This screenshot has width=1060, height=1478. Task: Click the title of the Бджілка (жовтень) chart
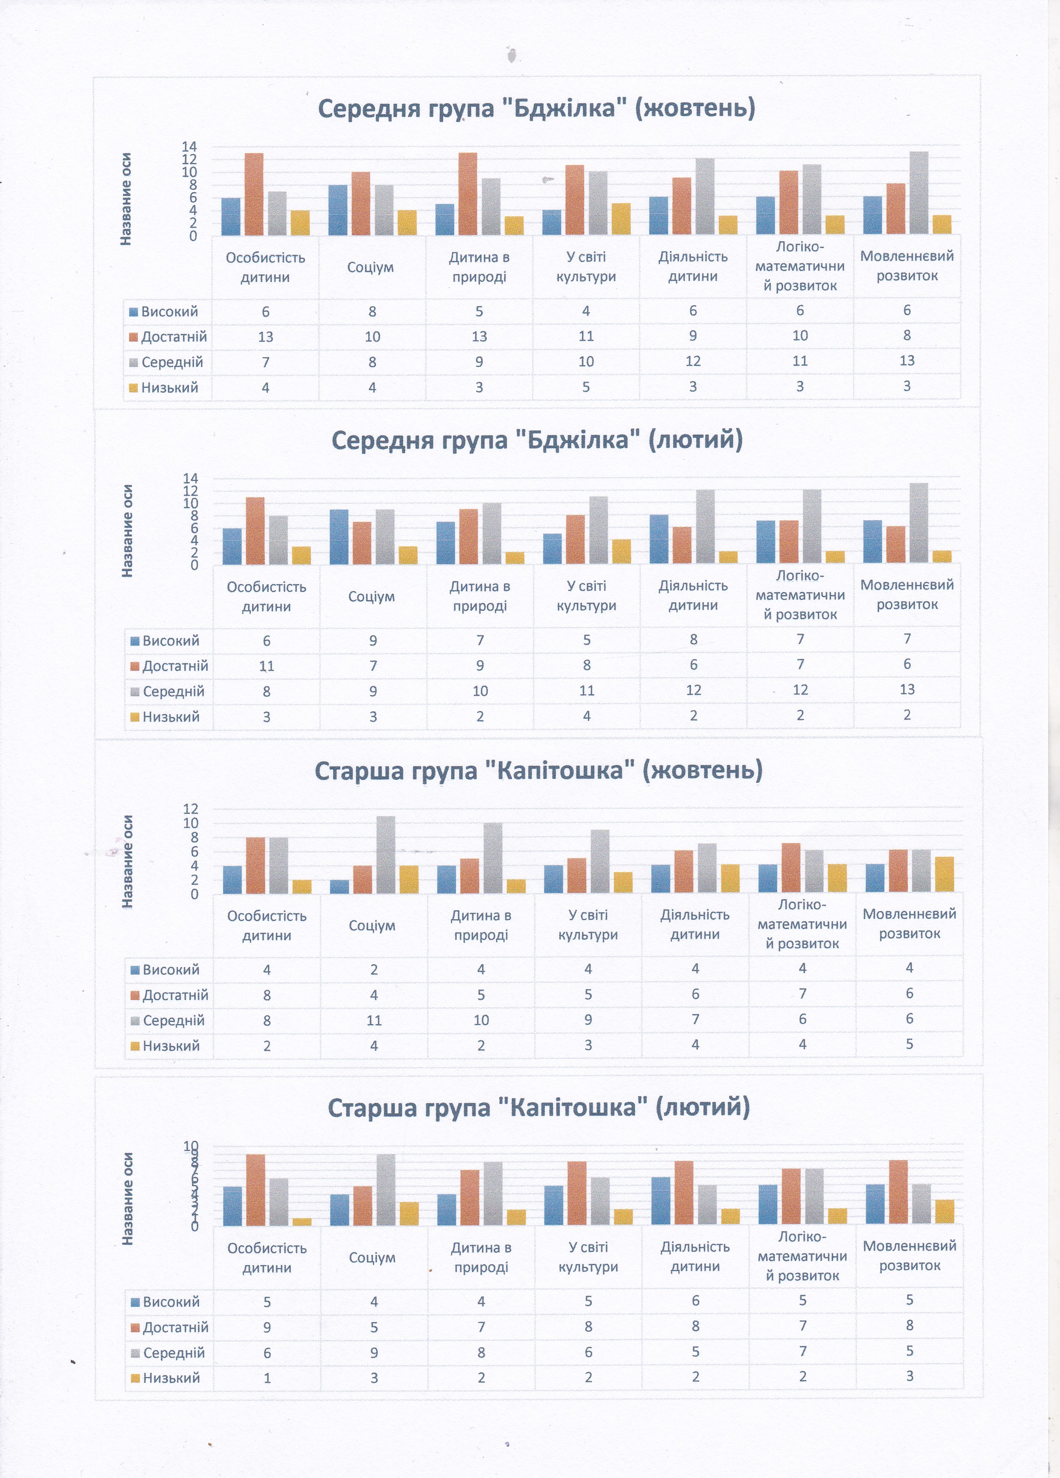pyautogui.click(x=536, y=108)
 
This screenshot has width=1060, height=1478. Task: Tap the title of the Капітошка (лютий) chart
pyautogui.click(x=538, y=1107)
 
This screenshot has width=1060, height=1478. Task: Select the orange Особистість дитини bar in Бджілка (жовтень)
pyautogui.click(x=254, y=194)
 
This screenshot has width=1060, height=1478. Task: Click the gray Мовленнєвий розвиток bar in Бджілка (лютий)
pyautogui.click(x=919, y=523)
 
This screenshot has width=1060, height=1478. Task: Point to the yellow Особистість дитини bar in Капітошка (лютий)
pyautogui.click(x=302, y=1222)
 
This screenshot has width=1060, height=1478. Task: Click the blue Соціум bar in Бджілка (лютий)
pyautogui.click(x=339, y=536)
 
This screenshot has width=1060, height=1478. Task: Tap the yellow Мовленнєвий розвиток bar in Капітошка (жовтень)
pyautogui.click(x=944, y=874)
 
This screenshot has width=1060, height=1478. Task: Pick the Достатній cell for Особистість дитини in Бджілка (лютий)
pyautogui.click(x=267, y=666)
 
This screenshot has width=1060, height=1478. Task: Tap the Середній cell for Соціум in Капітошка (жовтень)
pyautogui.click(x=373, y=1020)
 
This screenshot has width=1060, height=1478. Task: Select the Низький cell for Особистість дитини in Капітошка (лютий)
pyautogui.click(x=267, y=1378)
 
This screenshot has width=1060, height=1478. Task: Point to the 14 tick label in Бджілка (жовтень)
pyautogui.click(x=189, y=146)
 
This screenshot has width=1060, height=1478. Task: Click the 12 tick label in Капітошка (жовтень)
pyautogui.click(x=190, y=809)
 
